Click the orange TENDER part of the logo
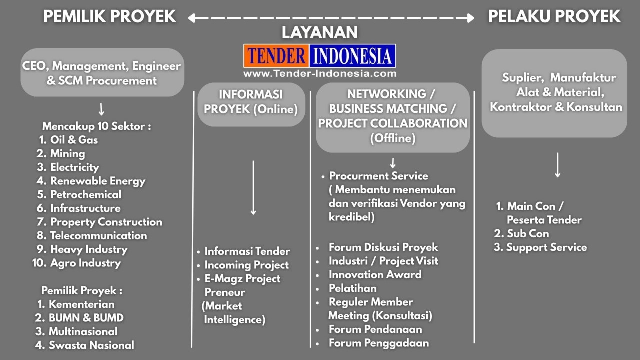(x=276, y=55)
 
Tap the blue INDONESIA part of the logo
(x=352, y=55)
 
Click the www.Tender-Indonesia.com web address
(x=320, y=73)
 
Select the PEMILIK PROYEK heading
(x=109, y=16)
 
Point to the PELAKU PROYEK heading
(x=554, y=16)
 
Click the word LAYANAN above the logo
(x=320, y=32)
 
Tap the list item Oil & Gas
(x=68, y=140)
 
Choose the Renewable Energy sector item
(x=91, y=181)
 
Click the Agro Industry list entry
(x=77, y=263)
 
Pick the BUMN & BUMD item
(x=79, y=318)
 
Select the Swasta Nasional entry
(x=85, y=345)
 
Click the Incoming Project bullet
(x=246, y=265)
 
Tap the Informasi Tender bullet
(x=247, y=251)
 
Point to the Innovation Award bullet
(x=375, y=275)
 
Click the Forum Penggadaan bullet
(x=379, y=343)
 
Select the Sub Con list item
(x=521, y=233)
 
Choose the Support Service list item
(x=540, y=247)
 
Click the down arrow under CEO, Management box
(x=101, y=109)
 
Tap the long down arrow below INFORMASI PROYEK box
(x=253, y=188)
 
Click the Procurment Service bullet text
(x=378, y=176)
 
